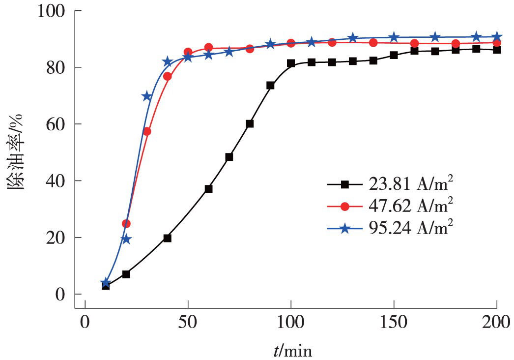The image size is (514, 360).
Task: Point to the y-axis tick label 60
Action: coord(58,124)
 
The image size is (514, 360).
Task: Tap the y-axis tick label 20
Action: coord(58,238)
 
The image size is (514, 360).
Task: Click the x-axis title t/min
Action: coord(293,351)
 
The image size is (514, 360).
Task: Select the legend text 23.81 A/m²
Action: coord(410,184)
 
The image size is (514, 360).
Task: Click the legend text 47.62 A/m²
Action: coord(410,206)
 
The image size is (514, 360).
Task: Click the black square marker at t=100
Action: coord(291,63)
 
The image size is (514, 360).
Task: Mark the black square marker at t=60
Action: coord(208,189)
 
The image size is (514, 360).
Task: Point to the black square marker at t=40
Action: coord(167,238)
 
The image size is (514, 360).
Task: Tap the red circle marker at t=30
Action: coord(146,131)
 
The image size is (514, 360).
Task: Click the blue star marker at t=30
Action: coord(146,96)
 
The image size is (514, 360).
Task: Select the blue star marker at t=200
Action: coord(497,37)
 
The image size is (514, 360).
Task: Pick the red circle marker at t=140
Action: coord(373,43)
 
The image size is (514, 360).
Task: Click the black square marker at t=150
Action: coord(394,55)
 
